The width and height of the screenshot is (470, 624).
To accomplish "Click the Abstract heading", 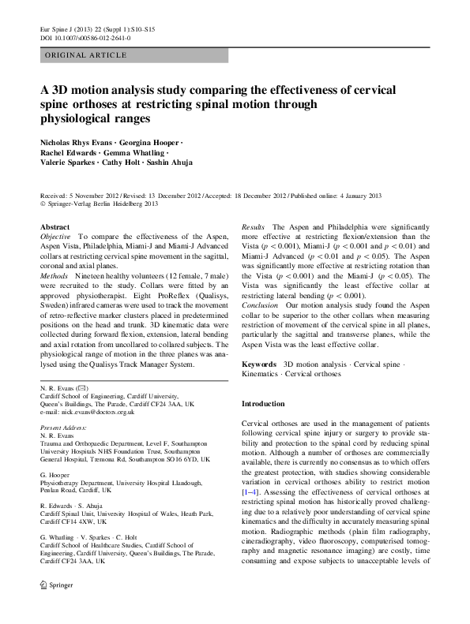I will point(55,226).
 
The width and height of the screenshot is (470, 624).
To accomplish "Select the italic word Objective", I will point(55,237).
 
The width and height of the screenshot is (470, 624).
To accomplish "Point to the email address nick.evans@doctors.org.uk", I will point(98,412).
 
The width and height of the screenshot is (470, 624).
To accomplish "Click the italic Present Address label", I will point(62,427).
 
